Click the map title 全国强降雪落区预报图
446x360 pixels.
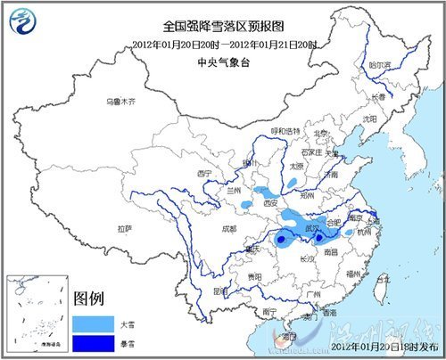point(223,29)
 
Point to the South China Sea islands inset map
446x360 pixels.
point(37,313)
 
